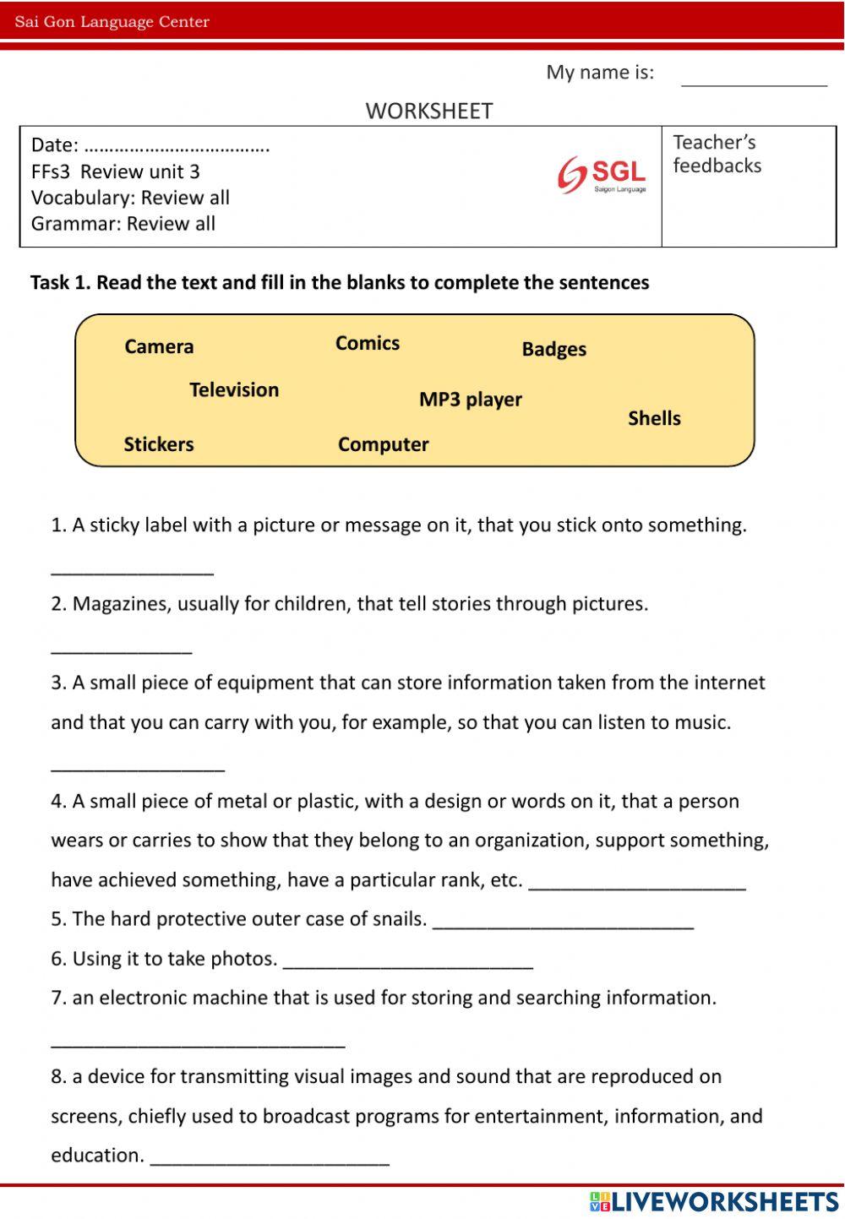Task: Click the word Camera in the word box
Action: pyautogui.click(x=159, y=346)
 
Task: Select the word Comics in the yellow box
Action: pyautogui.click(x=367, y=343)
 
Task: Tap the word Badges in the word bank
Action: pyautogui.click(x=553, y=349)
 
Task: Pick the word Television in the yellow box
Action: pyautogui.click(x=233, y=389)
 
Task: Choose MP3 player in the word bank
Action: pyautogui.click(x=470, y=400)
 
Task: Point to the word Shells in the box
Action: pyautogui.click(x=654, y=418)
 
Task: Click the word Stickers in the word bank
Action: pyautogui.click(x=158, y=444)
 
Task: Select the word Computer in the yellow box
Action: pyautogui.click(x=383, y=444)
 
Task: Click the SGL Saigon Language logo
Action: pyautogui.click(x=602, y=175)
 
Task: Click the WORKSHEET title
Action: pyautogui.click(x=428, y=111)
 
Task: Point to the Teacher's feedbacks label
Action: pyautogui.click(x=717, y=154)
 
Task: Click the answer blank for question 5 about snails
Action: pyautogui.click(x=563, y=921)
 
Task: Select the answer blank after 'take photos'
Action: pyautogui.click(x=408, y=961)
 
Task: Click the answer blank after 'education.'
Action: pyautogui.click(x=270, y=1157)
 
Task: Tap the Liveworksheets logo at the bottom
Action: pyautogui.click(x=714, y=1201)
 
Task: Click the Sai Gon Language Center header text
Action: pyautogui.click(x=112, y=22)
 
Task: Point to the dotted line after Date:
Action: pyautogui.click(x=177, y=146)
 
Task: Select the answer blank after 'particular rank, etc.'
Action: pyautogui.click(x=637, y=882)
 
